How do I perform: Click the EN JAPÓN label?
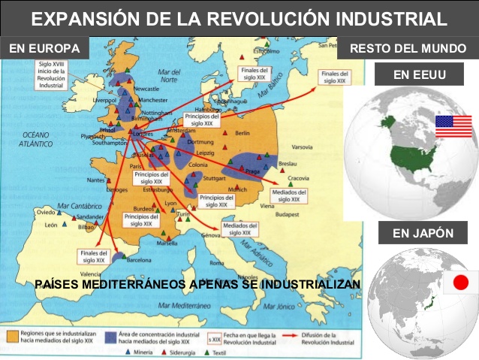pos(423,233)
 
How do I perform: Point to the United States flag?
pos(453,126)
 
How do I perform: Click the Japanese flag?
pos(460,283)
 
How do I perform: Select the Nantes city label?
pos(95,180)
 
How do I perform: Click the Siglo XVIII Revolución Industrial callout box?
pos(53,75)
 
